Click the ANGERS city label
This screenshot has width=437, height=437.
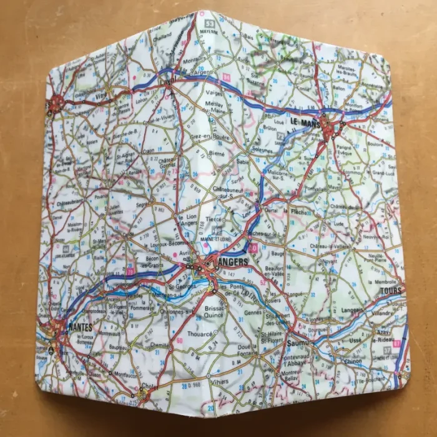(x=232, y=262)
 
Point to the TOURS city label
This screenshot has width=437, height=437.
(x=391, y=291)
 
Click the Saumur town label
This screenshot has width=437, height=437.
(x=300, y=343)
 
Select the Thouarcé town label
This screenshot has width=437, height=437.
(x=200, y=334)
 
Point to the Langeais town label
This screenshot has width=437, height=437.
(x=354, y=310)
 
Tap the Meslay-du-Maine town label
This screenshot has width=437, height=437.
(x=215, y=107)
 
